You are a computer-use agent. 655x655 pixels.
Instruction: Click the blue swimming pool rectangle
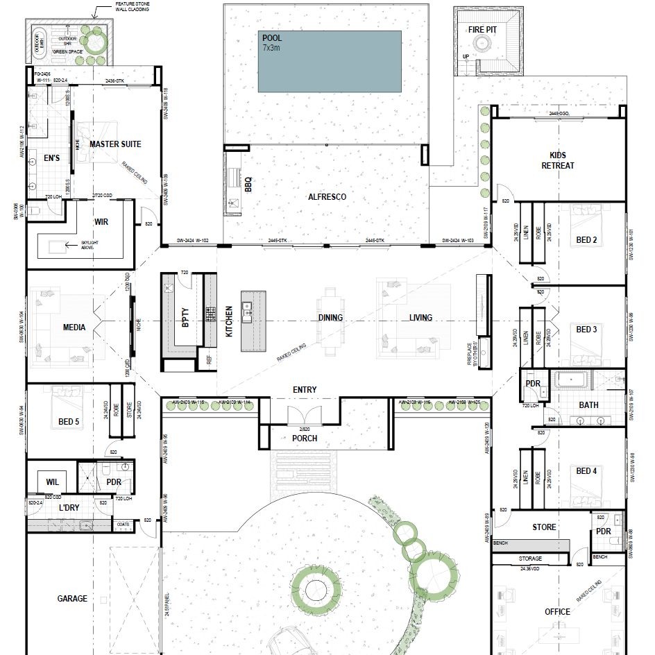tap(330, 62)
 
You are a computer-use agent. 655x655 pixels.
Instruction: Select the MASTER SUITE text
tap(115, 144)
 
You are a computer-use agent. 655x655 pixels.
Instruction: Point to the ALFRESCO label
tap(327, 197)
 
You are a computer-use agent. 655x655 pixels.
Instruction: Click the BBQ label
tap(248, 185)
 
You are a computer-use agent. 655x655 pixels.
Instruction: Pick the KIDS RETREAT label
tap(557, 160)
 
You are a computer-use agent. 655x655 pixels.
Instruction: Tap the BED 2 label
tap(586, 240)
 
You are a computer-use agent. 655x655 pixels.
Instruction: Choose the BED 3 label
tap(586, 330)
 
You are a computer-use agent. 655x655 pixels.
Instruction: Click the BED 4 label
tap(586, 471)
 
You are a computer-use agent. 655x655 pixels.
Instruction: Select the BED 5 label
tap(69, 422)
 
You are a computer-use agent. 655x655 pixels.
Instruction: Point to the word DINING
tap(330, 318)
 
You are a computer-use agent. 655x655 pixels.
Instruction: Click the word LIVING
tap(420, 318)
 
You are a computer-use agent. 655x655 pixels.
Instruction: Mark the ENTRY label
tap(305, 390)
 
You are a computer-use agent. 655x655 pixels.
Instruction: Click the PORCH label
tap(305, 439)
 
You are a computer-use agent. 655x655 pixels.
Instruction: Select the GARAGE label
tap(72, 598)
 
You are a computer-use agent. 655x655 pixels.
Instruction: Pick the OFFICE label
tap(557, 612)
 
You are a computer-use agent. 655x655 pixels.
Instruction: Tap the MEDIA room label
tap(74, 327)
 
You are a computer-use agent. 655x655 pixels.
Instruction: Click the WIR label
tap(101, 223)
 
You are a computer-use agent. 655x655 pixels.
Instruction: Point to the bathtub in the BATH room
tap(571, 380)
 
